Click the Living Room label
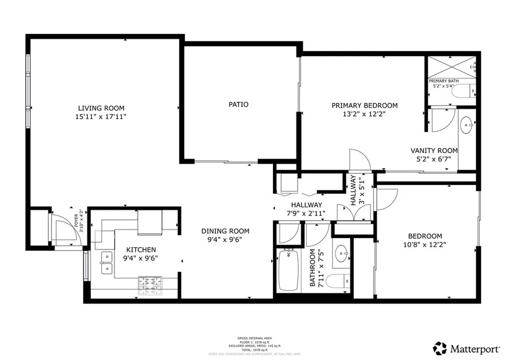click(x=101, y=108)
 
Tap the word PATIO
click(x=238, y=104)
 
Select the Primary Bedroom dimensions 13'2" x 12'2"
click(x=364, y=114)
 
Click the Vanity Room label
click(x=434, y=150)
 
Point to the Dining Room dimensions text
click(x=225, y=239)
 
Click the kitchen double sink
click(x=106, y=263)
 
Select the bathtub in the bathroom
click(x=288, y=270)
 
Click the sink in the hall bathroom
click(x=341, y=253)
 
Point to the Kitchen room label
click(x=141, y=250)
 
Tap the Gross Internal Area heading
click(x=254, y=337)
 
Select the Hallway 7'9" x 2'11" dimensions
click(x=306, y=213)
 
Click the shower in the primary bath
click(x=451, y=67)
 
